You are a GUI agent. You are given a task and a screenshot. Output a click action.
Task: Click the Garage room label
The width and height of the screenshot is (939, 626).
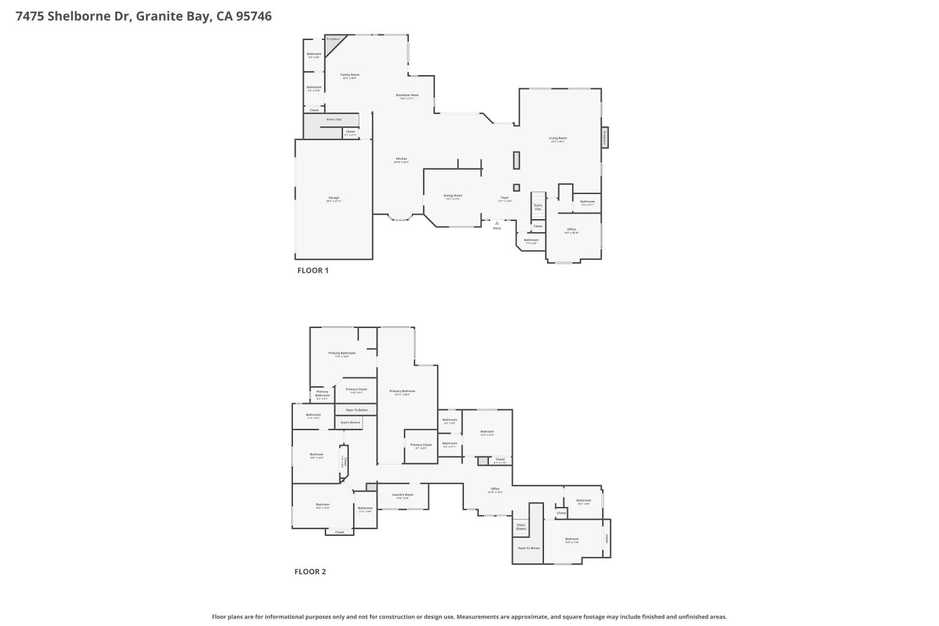pyautogui.click(x=333, y=198)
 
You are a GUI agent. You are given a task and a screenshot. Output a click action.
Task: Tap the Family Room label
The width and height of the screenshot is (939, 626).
pyautogui.click(x=350, y=74)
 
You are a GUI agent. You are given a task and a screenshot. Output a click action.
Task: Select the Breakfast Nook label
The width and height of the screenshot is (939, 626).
pyautogui.click(x=407, y=95)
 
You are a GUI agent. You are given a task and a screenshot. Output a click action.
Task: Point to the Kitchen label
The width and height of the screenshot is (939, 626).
pyautogui.click(x=401, y=159)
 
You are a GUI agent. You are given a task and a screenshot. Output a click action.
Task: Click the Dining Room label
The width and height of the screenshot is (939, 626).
pyautogui.click(x=453, y=195)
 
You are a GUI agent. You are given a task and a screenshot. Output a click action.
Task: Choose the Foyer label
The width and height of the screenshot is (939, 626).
pyautogui.click(x=505, y=198)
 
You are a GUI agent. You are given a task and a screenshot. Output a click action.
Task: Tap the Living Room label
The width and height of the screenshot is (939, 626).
pyautogui.click(x=558, y=138)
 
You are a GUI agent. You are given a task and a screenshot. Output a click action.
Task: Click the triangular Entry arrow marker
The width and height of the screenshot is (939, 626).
pyautogui.click(x=497, y=223)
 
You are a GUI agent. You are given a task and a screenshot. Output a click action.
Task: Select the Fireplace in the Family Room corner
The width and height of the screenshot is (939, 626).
pyautogui.click(x=333, y=39)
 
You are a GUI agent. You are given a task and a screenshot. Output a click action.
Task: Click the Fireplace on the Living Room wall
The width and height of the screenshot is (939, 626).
pyautogui.click(x=605, y=138)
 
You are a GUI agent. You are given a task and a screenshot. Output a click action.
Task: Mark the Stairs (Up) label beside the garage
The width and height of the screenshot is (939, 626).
pyautogui.click(x=334, y=119)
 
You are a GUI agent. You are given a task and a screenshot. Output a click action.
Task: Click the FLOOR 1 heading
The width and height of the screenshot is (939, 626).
pyautogui.click(x=312, y=270)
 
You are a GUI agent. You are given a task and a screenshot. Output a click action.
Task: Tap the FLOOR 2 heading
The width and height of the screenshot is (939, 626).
pyautogui.click(x=310, y=572)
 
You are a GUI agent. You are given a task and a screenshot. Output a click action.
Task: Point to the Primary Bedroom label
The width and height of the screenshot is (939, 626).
pyautogui.click(x=402, y=391)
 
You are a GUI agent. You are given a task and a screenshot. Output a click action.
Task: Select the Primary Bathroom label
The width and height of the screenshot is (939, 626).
pyautogui.click(x=342, y=353)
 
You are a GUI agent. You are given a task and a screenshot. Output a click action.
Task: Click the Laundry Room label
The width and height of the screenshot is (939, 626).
pyautogui.click(x=403, y=495)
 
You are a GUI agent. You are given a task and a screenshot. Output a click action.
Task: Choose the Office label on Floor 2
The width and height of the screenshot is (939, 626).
pyautogui.click(x=495, y=489)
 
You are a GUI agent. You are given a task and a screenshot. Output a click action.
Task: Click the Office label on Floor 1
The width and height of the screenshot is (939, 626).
pyautogui.click(x=572, y=230)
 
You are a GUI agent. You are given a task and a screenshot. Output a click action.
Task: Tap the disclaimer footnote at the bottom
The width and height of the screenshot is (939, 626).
pyautogui.click(x=469, y=617)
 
